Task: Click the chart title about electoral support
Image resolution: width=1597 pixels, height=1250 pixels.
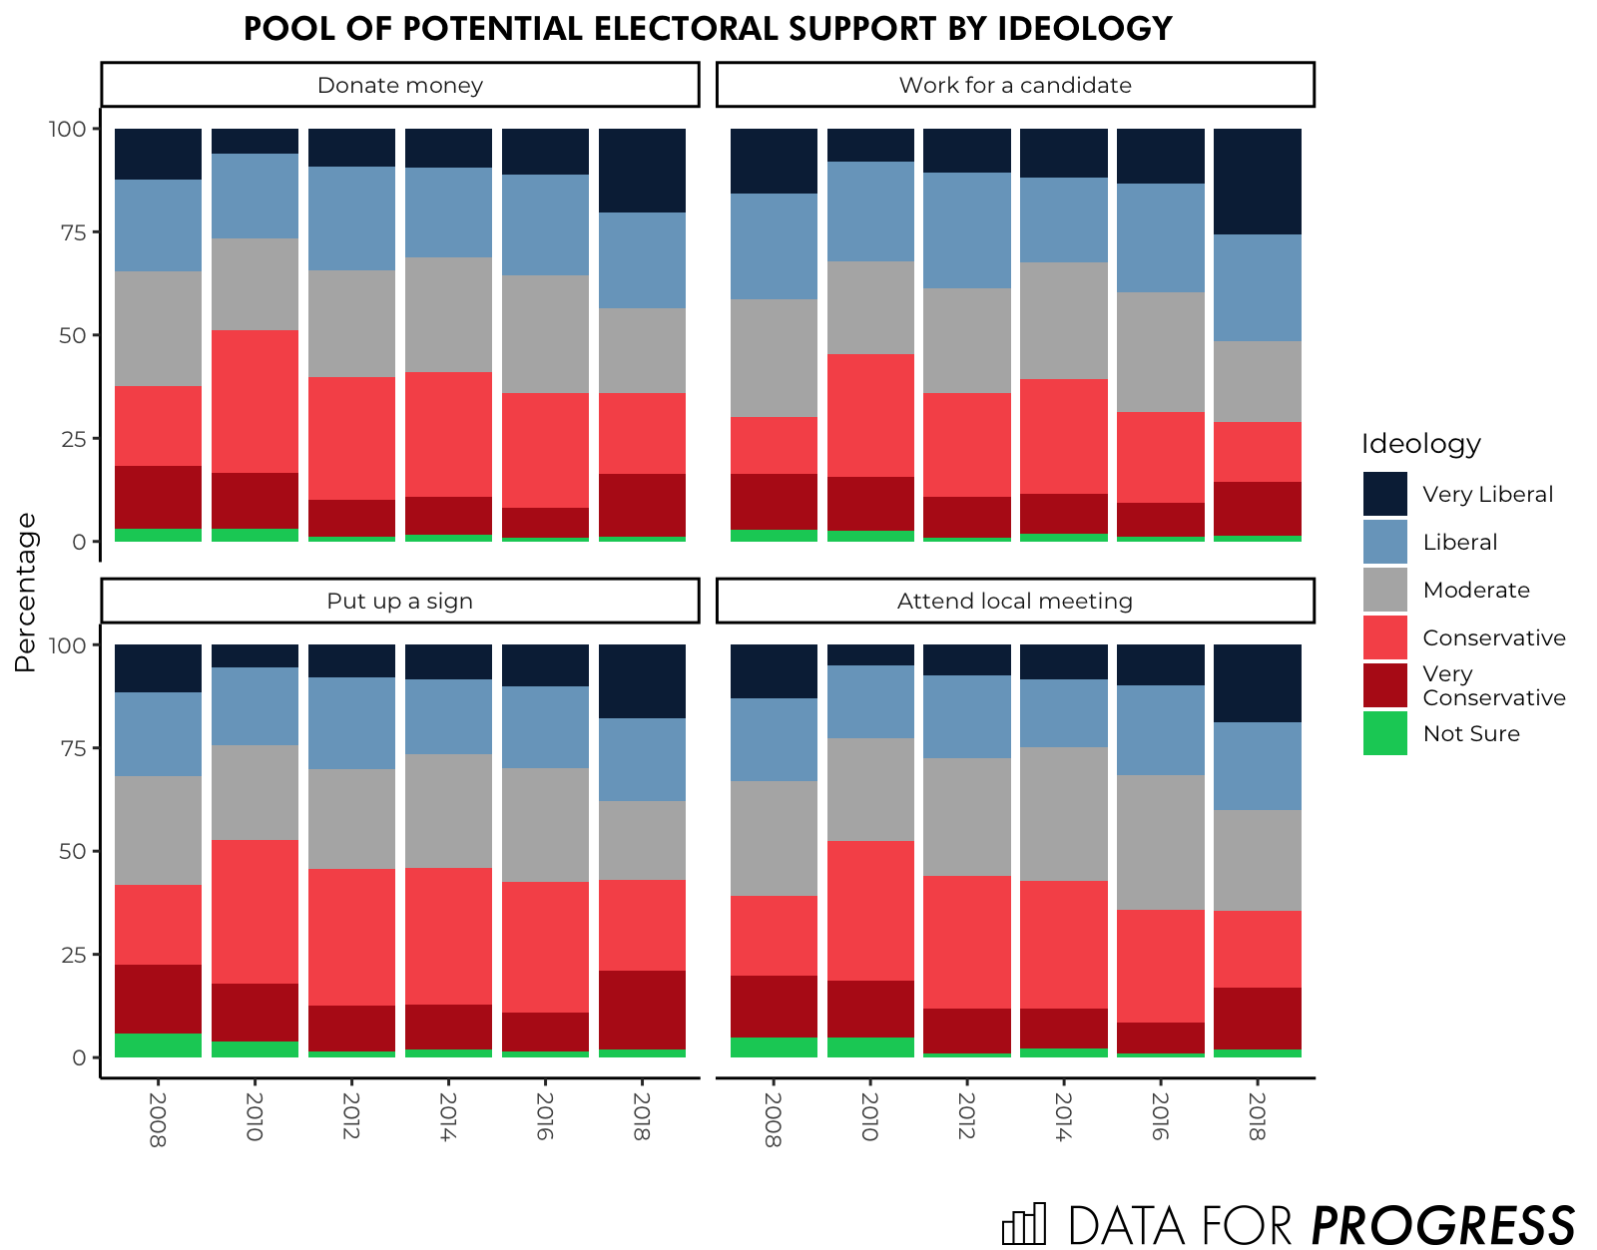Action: click(708, 29)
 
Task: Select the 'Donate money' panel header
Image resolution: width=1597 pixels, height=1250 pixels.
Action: click(399, 85)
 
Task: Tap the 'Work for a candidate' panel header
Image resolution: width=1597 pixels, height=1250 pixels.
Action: click(1015, 85)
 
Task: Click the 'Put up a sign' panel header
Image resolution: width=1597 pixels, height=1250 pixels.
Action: click(399, 601)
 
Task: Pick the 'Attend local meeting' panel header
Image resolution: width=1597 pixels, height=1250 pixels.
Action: click(1015, 601)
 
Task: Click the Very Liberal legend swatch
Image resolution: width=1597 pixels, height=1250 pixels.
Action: click(1384, 494)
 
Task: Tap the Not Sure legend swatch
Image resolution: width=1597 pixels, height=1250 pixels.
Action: click(1384, 733)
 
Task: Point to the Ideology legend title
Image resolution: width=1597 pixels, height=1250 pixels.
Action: click(1420, 444)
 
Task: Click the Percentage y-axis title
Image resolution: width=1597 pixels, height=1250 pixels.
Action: click(26, 593)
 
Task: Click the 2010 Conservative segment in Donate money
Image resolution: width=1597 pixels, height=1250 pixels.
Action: click(255, 401)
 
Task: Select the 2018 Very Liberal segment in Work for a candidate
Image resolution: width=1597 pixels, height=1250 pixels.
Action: click(1257, 182)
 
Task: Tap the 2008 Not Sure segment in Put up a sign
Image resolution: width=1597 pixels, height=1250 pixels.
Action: click(158, 1044)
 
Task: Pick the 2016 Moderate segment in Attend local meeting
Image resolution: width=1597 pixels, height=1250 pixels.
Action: click(1160, 842)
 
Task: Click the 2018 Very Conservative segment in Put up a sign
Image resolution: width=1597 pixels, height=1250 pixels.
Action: click(642, 1010)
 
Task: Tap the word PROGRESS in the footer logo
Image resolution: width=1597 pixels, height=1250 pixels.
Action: click(1442, 1224)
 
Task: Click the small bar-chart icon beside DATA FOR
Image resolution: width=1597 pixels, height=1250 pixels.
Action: click(1024, 1224)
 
